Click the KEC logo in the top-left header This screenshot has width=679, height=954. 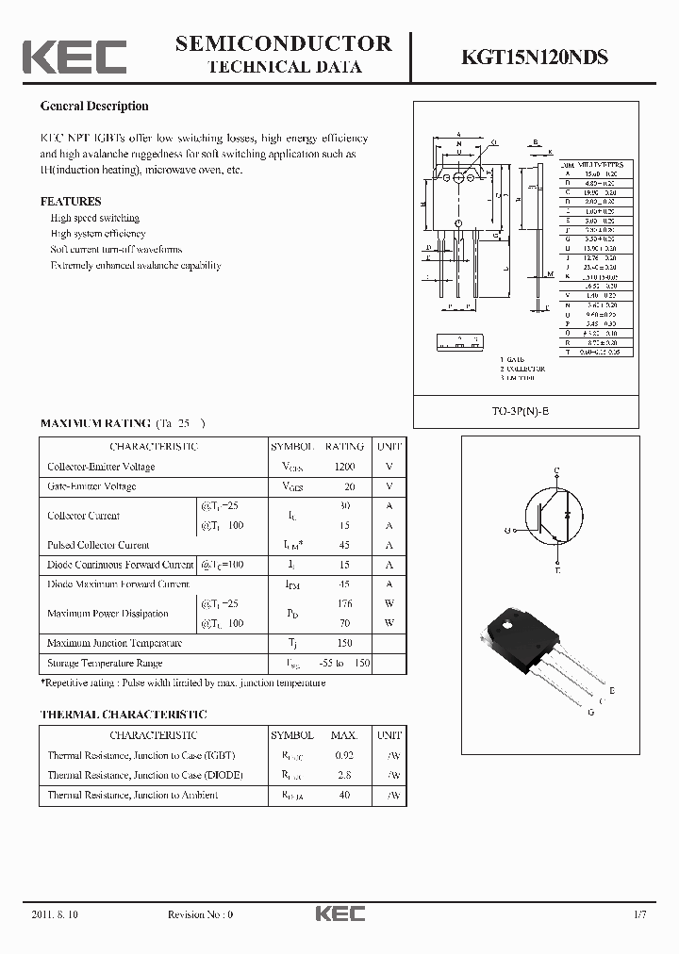coord(75,58)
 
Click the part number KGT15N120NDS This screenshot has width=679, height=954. coord(534,58)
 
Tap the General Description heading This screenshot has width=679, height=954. coord(94,107)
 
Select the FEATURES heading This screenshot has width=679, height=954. coord(71,201)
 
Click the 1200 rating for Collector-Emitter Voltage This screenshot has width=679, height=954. coord(344,467)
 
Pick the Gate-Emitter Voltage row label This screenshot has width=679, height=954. coord(91,486)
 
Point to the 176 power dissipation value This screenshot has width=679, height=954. coord(344,603)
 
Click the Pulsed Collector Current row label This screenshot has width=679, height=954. coord(98,545)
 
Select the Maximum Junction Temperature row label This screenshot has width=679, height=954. coord(114,643)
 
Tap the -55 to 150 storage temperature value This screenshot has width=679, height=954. coord(344,663)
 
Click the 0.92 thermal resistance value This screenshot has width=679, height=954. coord(344,755)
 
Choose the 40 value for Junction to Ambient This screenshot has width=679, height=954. coord(344,795)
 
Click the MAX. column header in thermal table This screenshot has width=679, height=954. coord(344,735)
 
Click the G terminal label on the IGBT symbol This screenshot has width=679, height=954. coord(507,531)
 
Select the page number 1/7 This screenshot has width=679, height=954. coord(641,914)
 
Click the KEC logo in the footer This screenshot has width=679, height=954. coord(339,913)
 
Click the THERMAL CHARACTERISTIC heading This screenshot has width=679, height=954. coord(124,715)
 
